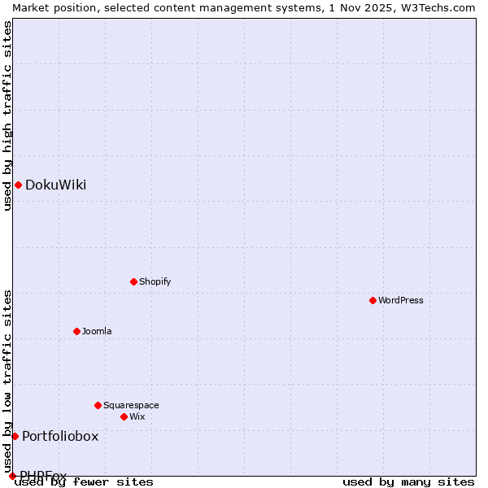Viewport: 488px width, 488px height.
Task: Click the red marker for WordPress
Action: click(x=373, y=300)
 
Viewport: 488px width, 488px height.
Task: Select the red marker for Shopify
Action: click(x=133, y=281)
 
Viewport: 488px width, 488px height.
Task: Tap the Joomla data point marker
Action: click(x=76, y=331)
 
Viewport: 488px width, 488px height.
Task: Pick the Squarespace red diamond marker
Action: click(x=98, y=405)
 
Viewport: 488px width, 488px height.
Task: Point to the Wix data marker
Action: click(x=124, y=416)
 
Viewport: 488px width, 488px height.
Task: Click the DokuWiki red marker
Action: click(x=18, y=185)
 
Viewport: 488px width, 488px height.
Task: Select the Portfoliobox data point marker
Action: click(x=15, y=436)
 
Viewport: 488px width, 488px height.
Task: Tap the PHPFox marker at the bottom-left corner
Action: click(x=12, y=476)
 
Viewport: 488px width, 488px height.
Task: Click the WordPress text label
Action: click(x=401, y=300)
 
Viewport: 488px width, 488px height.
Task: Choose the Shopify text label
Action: click(x=155, y=281)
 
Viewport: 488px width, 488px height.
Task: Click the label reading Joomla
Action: click(x=97, y=331)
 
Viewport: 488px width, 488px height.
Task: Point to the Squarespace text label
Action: click(x=131, y=405)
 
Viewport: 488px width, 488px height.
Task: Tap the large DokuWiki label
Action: click(x=55, y=185)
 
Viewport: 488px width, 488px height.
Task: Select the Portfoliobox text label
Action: click(x=60, y=436)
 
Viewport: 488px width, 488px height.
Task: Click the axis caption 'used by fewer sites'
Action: click(x=84, y=481)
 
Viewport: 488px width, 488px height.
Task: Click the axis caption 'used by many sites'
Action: click(x=408, y=481)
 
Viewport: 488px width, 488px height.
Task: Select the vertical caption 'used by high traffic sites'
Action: click(x=7, y=115)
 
